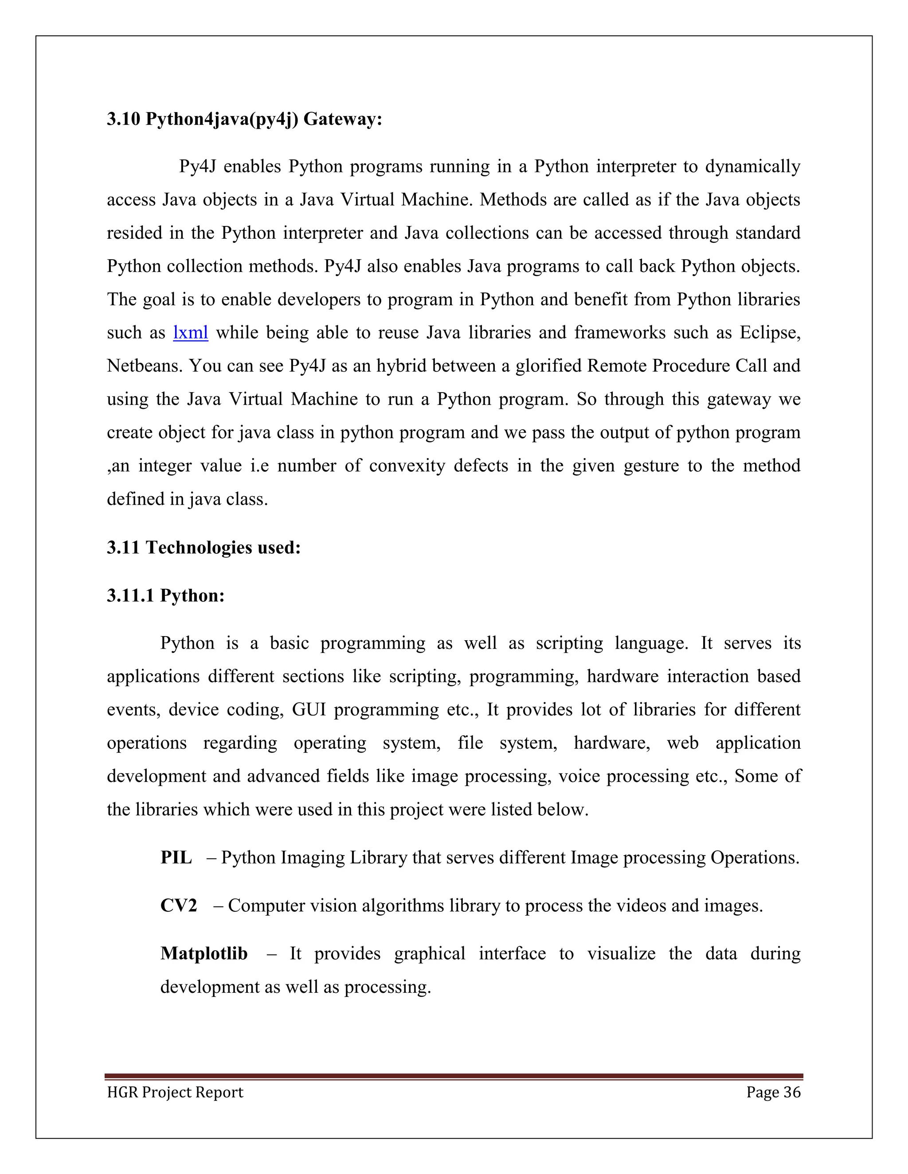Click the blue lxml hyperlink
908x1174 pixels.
pyautogui.click(x=190, y=333)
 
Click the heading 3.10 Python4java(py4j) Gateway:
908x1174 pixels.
pyautogui.click(x=244, y=119)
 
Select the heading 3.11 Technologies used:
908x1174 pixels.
pyautogui.click(x=204, y=548)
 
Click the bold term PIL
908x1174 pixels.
pyautogui.click(x=176, y=857)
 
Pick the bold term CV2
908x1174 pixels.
pyautogui.click(x=179, y=906)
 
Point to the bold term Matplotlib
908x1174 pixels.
pyautogui.click(x=204, y=954)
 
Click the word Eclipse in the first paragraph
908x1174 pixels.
pyautogui.click(x=769, y=333)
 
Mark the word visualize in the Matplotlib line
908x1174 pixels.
pyautogui.click(x=621, y=954)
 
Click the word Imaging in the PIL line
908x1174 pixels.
pyautogui.click(x=313, y=857)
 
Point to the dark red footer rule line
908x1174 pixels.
pyautogui.click(x=454, y=1077)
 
